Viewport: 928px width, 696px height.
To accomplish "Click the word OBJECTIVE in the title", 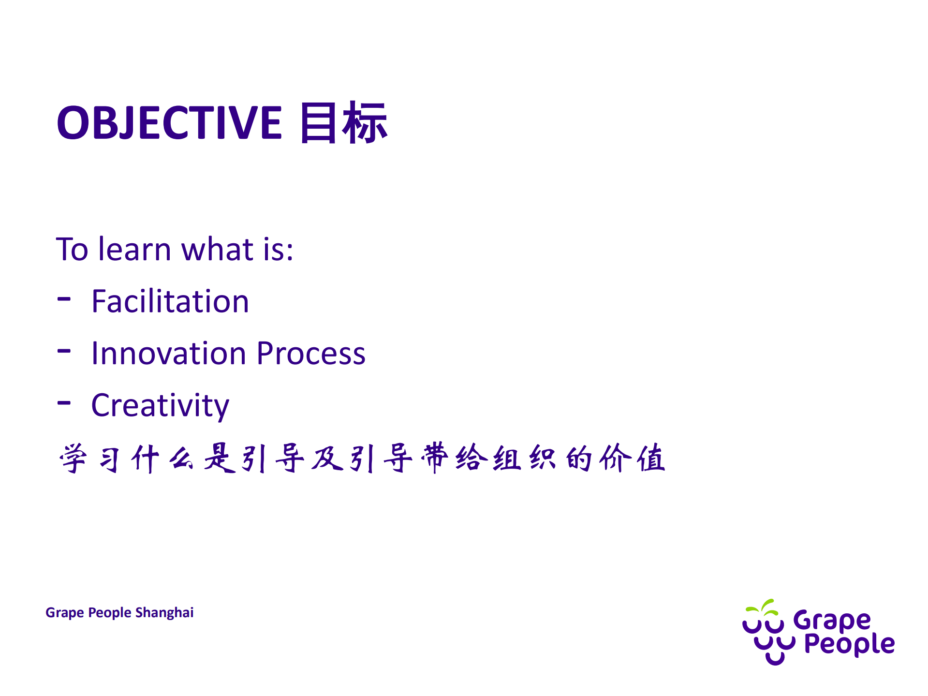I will (x=169, y=123).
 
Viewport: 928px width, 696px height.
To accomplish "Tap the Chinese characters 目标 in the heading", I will (x=343, y=123).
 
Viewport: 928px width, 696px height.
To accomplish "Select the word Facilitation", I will (x=170, y=301).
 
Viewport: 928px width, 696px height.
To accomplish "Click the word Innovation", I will (x=169, y=353).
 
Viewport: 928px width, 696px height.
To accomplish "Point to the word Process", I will (x=311, y=353).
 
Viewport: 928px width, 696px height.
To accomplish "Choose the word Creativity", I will (x=160, y=405).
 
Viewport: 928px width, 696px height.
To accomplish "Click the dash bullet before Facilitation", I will (x=64, y=299).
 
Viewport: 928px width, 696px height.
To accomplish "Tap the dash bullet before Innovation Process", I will (x=64, y=351).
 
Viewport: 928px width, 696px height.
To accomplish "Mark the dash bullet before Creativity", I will (x=64, y=402).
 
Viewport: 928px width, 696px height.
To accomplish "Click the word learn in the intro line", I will (x=134, y=250).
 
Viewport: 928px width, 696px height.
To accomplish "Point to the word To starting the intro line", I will (x=72, y=250).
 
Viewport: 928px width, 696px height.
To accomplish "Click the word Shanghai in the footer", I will (x=164, y=613).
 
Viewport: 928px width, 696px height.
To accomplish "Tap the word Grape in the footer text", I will (x=64, y=613).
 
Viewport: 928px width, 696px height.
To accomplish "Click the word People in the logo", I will (x=849, y=644).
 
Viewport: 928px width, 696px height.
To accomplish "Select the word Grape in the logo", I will (x=832, y=621).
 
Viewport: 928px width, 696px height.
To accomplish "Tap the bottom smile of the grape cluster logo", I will (x=775, y=659).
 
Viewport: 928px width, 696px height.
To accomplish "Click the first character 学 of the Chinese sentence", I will (x=73, y=458).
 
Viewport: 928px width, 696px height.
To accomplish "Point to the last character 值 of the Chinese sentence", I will (x=651, y=458).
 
